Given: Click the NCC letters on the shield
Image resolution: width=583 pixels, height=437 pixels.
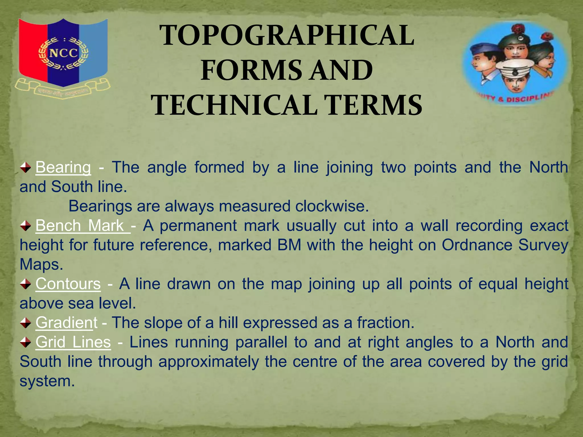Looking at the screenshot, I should tap(63, 53).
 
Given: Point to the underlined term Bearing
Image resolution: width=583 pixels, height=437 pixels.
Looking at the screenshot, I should tap(63, 167).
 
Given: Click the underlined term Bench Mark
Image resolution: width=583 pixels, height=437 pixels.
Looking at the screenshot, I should tap(83, 226).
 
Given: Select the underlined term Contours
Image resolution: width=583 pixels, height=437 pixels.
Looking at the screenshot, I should tap(68, 284).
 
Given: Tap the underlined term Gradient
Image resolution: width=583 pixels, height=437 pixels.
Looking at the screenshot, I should tap(66, 323).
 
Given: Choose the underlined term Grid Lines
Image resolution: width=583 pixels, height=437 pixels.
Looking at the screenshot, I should tap(73, 342).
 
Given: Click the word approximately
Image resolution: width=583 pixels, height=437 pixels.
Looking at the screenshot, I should tap(208, 362).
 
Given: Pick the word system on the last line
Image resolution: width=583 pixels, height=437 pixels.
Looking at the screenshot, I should tap(47, 381).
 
